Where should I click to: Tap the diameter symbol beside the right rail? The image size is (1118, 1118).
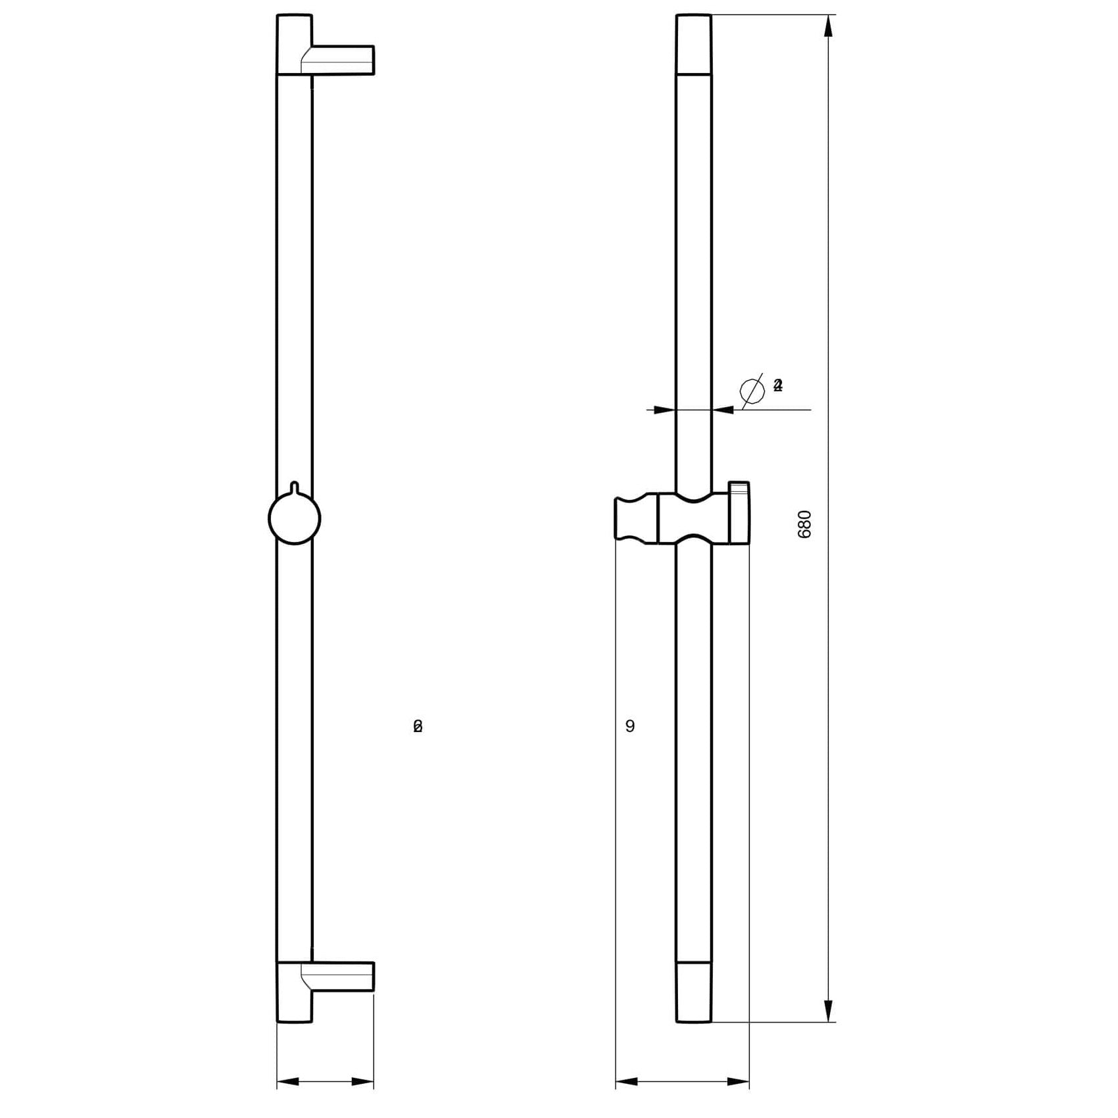pyautogui.click(x=752, y=390)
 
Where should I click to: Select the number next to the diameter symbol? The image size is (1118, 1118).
pyautogui.click(x=778, y=385)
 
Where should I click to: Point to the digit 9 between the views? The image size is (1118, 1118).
pyautogui.click(x=630, y=726)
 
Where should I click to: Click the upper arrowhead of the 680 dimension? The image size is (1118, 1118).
pyautogui.click(x=829, y=26)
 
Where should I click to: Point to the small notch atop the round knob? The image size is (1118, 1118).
pyautogui.click(x=295, y=487)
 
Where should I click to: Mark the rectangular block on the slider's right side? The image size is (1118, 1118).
pyautogui.click(x=739, y=513)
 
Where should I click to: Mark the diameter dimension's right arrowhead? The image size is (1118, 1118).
pyautogui.click(x=723, y=410)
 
